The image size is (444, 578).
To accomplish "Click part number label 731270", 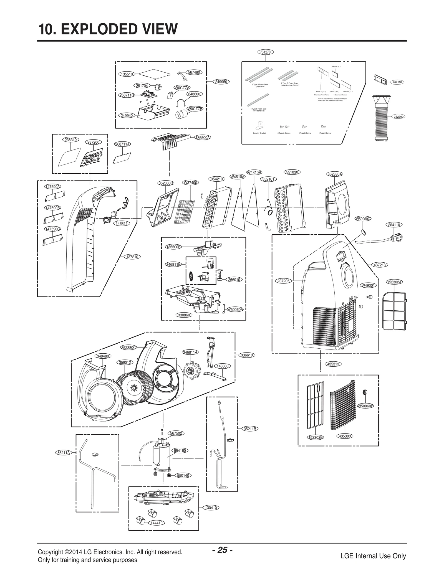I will pyautogui.click(x=265, y=52).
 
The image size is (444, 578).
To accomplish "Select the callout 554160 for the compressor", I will pyautogui.click(x=180, y=451).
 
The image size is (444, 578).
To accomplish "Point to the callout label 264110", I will pyautogui.click(x=394, y=225).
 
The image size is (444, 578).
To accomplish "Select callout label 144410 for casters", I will pyautogui.click(x=157, y=523).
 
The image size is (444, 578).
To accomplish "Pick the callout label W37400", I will pyautogui.click(x=190, y=183).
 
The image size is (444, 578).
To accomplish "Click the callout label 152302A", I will pyautogui.click(x=394, y=282).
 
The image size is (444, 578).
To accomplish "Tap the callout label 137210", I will pyautogui.click(x=132, y=257).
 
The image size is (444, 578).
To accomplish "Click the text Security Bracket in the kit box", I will pyautogui.click(x=259, y=133).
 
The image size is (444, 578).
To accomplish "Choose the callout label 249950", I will pyautogui.click(x=221, y=82).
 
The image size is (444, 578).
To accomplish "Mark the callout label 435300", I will pyautogui.click(x=345, y=436).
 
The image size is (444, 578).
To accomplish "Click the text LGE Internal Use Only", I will pyautogui.click(x=373, y=556).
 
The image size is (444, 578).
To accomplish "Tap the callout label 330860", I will pyautogui.click(x=183, y=315).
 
